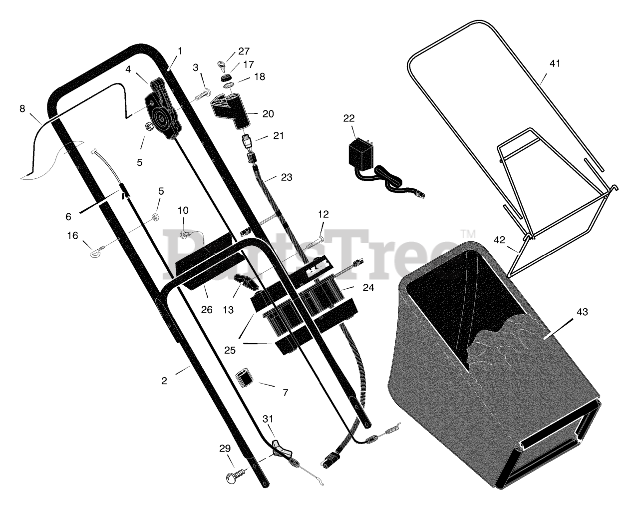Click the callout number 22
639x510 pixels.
coord(349,118)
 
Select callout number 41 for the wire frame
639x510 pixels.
coord(555,63)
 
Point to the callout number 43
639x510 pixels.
coord(582,312)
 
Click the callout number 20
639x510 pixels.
coord(268,114)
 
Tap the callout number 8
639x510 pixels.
coord(22,108)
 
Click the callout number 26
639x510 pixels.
coord(207,310)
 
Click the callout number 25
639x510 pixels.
coord(229,350)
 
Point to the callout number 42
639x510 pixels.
coord(499,240)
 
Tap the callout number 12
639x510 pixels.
coord(323,214)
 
